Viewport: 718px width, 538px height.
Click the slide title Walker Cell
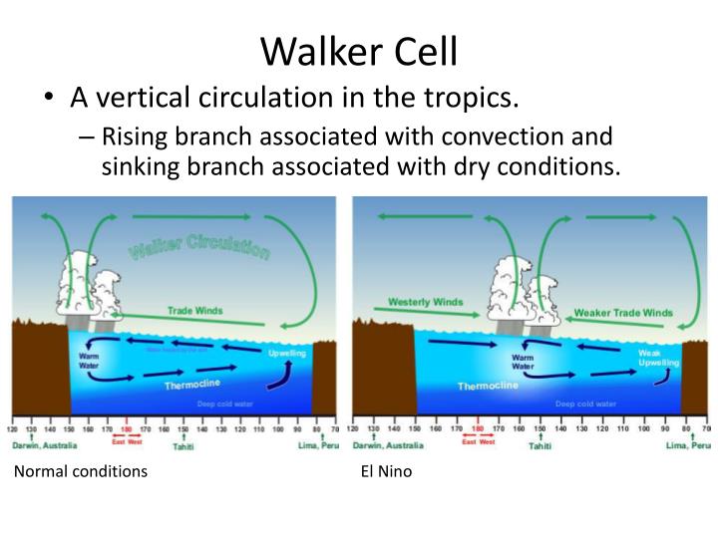pos(359,50)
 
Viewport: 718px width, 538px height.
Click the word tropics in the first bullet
pos(470,99)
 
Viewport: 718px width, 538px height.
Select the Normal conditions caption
pos(81,471)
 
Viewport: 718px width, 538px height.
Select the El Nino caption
pos(386,471)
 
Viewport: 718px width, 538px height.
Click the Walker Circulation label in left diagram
pos(198,245)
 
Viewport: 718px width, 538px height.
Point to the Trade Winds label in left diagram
pos(194,311)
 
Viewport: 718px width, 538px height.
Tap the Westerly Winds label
pos(426,302)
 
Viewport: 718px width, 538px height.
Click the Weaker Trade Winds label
pos(623,313)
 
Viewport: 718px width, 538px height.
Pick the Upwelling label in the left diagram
pos(288,353)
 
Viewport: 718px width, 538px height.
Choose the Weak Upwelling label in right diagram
pos(659,359)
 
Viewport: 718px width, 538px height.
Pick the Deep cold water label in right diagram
pos(586,403)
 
